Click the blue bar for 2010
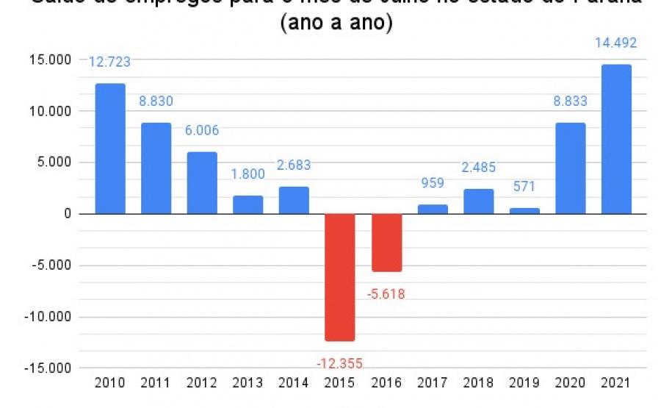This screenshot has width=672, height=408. pos(110,148)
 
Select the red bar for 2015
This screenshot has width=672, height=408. pos(340,277)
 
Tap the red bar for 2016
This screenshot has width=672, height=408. pos(386,243)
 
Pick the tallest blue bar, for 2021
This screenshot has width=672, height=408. pos(616,140)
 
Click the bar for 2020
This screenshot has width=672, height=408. pos(570,168)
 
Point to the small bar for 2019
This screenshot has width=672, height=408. pos(524,211)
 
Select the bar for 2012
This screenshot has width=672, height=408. pos(202,183)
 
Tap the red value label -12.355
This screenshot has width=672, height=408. pos(339,363)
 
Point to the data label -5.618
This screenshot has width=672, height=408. pos(386,294)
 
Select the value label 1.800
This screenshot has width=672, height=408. pos(248,176)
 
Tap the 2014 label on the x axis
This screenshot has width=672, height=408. pos(294,383)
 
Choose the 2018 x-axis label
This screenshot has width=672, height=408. pos(478,383)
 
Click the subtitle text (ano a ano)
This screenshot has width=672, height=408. pos(336,23)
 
